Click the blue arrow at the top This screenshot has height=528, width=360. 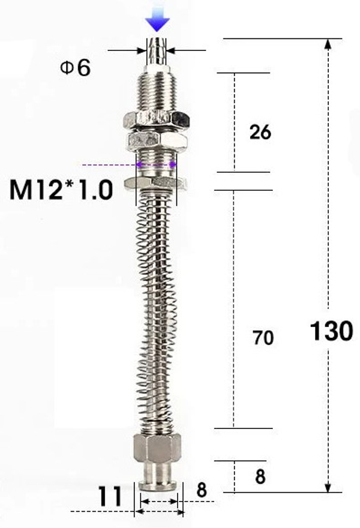click(x=158, y=22)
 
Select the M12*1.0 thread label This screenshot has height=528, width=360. click(x=61, y=190)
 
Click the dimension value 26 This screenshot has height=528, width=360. click(x=260, y=132)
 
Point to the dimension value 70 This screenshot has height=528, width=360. click(x=263, y=338)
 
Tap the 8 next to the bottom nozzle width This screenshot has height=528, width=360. click(x=202, y=490)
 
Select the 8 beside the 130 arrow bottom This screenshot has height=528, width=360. click(x=260, y=477)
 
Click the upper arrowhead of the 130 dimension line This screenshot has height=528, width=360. click(x=328, y=44)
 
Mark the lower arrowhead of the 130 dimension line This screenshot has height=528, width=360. click(x=328, y=487)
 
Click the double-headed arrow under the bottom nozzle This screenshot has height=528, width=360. click(x=159, y=512)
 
